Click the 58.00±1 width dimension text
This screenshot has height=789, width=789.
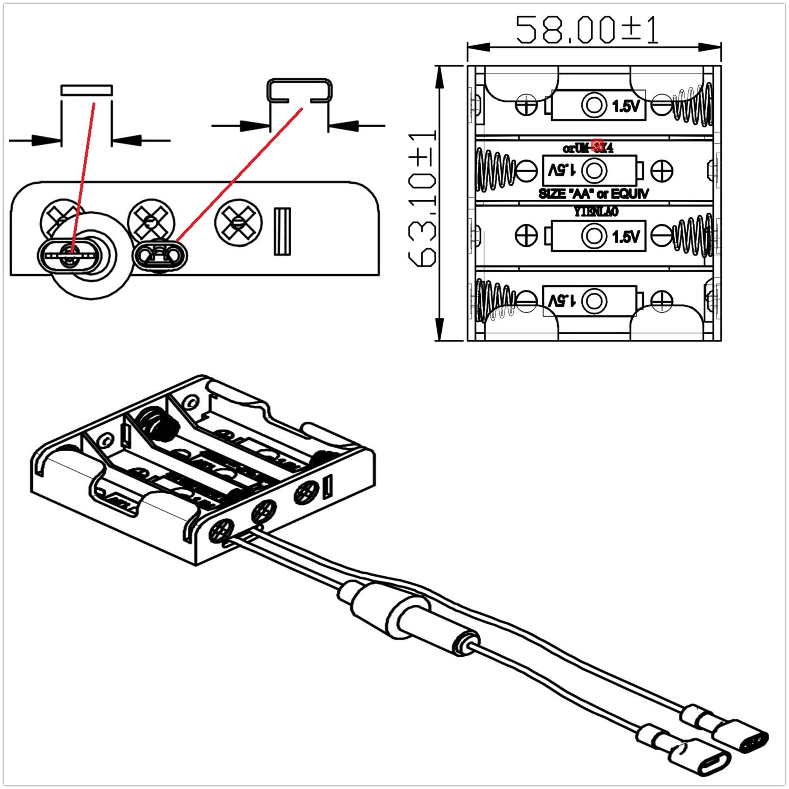(587, 30)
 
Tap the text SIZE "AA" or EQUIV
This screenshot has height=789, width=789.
(594, 194)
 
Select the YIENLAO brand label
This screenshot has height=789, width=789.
(596, 212)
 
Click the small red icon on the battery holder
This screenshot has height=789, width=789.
(597, 145)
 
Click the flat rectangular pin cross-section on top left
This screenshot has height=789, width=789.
(87, 90)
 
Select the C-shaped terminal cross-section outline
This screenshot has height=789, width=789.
(300, 89)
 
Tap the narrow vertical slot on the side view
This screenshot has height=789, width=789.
(282, 232)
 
